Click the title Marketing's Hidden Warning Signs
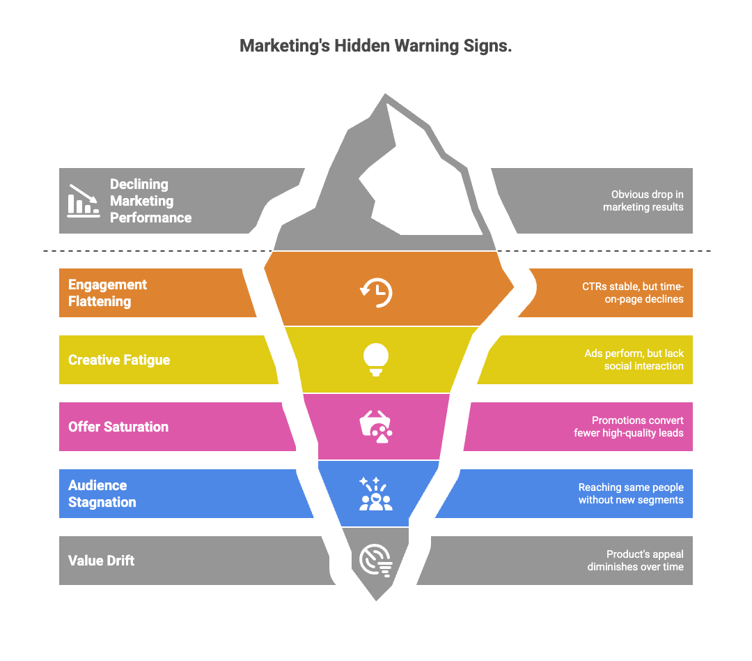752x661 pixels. pyautogui.click(x=376, y=47)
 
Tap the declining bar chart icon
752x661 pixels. pyautogui.click(x=84, y=200)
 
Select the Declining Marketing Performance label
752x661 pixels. pyautogui.click(x=150, y=201)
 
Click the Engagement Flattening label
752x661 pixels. pyautogui.click(x=107, y=293)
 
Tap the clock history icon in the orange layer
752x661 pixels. pyautogui.click(x=376, y=292)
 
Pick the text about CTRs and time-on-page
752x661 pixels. pyautogui.click(x=632, y=293)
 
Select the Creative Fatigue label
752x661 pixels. pyautogui.click(x=119, y=360)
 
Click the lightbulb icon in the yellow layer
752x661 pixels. pyautogui.click(x=376, y=359)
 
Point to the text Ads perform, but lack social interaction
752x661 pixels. pyautogui.click(x=634, y=360)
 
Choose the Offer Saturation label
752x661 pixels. pyautogui.click(x=118, y=427)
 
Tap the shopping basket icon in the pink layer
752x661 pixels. pyautogui.click(x=376, y=427)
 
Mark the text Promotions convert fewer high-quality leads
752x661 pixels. pyautogui.click(x=628, y=427)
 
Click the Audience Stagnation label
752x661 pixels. pyautogui.click(x=102, y=494)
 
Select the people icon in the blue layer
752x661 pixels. pyautogui.click(x=376, y=493)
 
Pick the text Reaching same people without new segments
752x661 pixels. pyautogui.click(x=631, y=494)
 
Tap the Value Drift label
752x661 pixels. pyautogui.click(x=101, y=561)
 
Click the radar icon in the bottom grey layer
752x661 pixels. pyautogui.click(x=376, y=560)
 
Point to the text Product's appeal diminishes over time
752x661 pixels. pyautogui.click(x=635, y=561)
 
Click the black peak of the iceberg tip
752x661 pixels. pyautogui.click(x=418, y=188)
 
